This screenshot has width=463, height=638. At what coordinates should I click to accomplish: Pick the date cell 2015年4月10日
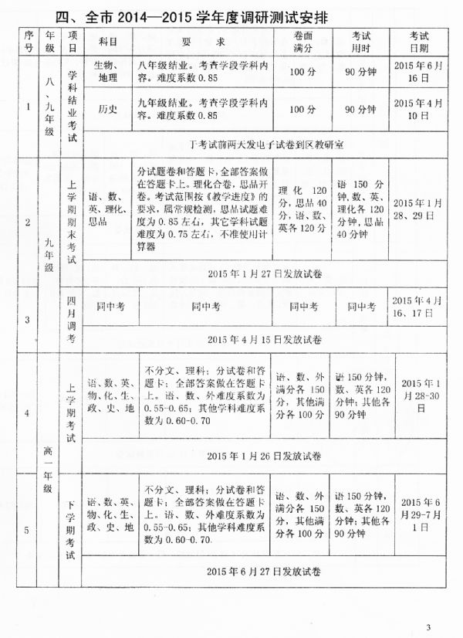[x=419, y=109]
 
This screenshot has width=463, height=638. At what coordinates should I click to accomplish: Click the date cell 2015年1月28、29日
[x=419, y=208]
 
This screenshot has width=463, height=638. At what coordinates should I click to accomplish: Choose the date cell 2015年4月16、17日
[x=419, y=307]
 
